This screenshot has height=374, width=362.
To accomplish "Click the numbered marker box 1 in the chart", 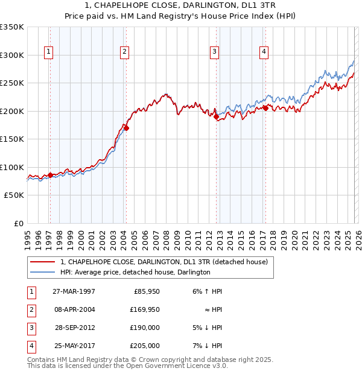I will [48, 52].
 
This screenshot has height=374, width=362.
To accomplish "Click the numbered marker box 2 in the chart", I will [124, 52].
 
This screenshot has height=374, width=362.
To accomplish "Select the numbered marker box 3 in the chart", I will [214, 52].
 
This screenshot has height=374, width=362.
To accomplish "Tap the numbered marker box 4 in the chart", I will [264, 52].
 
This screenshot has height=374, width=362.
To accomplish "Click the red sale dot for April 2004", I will [126, 128].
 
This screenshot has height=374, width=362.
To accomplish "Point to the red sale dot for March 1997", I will [50, 175].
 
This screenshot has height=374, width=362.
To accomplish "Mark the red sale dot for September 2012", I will [217, 117].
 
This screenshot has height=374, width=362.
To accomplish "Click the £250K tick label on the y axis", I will [12, 83].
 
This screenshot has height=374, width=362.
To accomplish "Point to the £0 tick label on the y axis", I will [18, 223].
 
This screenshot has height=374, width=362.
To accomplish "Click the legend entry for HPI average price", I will [135, 272].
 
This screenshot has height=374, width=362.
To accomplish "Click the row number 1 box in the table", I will [31, 291].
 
